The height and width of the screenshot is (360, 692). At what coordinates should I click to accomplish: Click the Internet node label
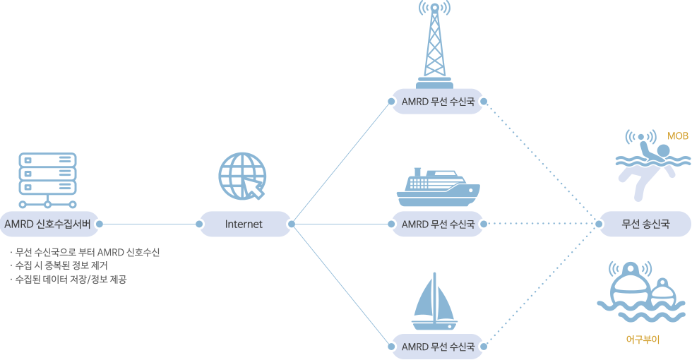pyautogui.click(x=244, y=224)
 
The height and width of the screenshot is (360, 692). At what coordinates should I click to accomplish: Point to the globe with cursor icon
pyautogui.click(x=243, y=176)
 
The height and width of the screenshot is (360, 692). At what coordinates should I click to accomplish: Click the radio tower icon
pyautogui.click(x=435, y=46)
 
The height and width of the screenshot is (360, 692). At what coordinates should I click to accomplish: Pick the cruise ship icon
pyautogui.click(x=438, y=187)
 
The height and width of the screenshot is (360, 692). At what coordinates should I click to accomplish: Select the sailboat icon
pyautogui.click(x=435, y=304)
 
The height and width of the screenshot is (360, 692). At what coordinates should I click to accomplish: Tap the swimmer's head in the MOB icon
pyautogui.click(x=663, y=152)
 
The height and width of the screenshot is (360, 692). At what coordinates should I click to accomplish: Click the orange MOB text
pyautogui.click(x=677, y=136)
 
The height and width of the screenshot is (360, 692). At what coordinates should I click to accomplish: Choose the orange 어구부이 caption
pyautogui.click(x=642, y=340)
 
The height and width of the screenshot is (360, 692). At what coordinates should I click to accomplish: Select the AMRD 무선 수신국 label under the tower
pyautogui.click(x=437, y=102)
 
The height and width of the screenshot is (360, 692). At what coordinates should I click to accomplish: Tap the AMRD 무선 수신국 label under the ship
pyautogui.click(x=437, y=224)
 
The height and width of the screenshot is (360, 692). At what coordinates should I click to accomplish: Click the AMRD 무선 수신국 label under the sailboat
pyautogui.click(x=437, y=347)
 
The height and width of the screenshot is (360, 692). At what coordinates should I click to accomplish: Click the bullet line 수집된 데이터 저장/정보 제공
pyautogui.click(x=74, y=279)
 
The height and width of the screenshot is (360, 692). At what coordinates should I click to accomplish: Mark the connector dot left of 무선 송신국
pyautogui.click(x=599, y=224)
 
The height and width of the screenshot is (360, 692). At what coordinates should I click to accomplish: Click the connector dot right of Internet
pyautogui.click(x=290, y=224)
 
